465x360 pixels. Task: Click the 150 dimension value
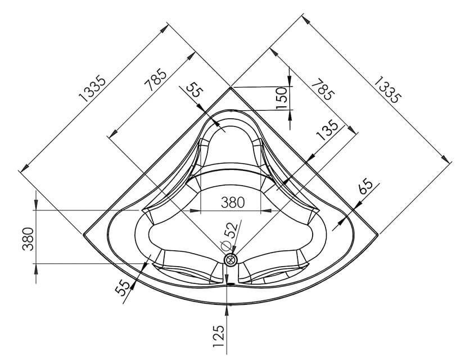point(282,98)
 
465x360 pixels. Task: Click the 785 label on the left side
point(156,80)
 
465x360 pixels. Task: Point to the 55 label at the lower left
point(123,287)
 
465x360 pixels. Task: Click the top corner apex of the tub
point(231,87)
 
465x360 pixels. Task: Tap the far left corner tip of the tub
point(83,233)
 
